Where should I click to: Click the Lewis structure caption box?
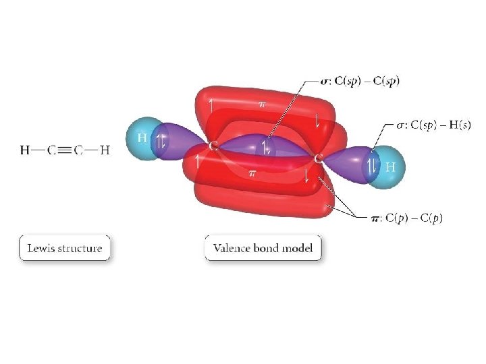tap(64, 248)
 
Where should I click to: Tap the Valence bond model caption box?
tap(263, 248)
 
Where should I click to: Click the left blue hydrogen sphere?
tap(143, 140)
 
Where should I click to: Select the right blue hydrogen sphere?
tap(390, 165)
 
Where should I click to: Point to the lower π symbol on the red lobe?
tap(252, 173)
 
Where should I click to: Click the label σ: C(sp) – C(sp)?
tap(360, 81)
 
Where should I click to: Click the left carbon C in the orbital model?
tap(213, 146)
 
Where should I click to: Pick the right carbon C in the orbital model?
tap(318, 157)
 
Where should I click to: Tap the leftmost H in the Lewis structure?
tap(25, 150)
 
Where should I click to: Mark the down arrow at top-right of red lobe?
tap(317, 120)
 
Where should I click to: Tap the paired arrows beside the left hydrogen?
tap(161, 142)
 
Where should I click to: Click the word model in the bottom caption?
tap(298, 248)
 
